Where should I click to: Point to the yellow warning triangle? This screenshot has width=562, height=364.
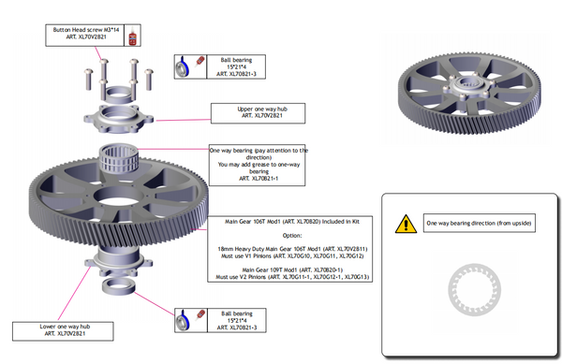tap(405, 223)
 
